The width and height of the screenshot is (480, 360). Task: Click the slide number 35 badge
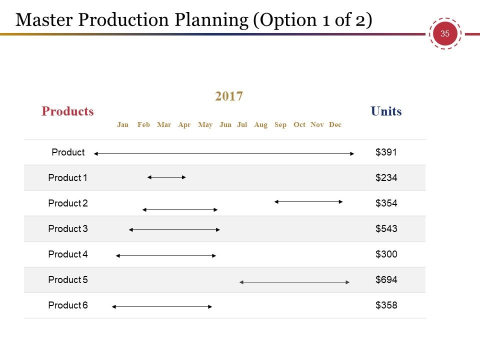pyautogui.click(x=445, y=33)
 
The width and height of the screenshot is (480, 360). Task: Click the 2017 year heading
pyautogui.click(x=228, y=96)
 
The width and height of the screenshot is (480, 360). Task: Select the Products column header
pyautogui.click(x=67, y=111)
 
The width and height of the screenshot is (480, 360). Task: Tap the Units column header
pyautogui.click(x=386, y=111)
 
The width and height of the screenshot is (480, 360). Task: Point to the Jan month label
pyautogui.click(x=123, y=124)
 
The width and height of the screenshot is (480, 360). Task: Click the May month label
pyautogui.click(x=205, y=125)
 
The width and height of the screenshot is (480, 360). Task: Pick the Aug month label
pyautogui.click(x=260, y=125)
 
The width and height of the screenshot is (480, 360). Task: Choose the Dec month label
pyautogui.click(x=335, y=124)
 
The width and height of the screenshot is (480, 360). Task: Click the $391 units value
pyautogui.click(x=386, y=152)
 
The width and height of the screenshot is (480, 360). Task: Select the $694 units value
pyautogui.click(x=386, y=279)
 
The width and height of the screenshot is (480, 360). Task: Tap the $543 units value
pyautogui.click(x=386, y=228)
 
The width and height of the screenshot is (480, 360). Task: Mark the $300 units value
pyautogui.click(x=386, y=254)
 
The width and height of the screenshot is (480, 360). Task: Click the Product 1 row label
pyautogui.click(x=67, y=177)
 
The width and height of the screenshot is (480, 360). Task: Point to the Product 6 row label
pyautogui.click(x=68, y=305)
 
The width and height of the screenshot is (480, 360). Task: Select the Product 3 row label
pyautogui.click(x=68, y=228)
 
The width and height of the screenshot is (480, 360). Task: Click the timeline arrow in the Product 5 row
pyautogui.click(x=294, y=282)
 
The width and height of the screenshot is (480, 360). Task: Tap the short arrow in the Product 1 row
pyautogui.click(x=166, y=177)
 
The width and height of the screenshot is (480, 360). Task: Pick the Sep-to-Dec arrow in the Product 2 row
pyautogui.click(x=308, y=201)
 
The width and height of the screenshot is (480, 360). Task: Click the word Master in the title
pyautogui.click(x=44, y=20)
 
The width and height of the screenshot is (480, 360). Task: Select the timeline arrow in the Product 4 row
pyautogui.click(x=166, y=255)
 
